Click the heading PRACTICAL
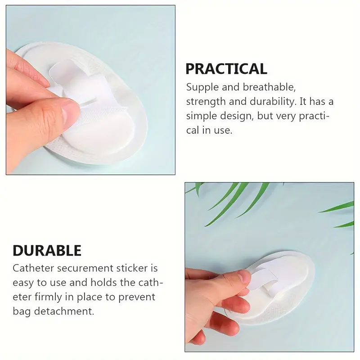(x=226, y=69)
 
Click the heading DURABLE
(x=47, y=250)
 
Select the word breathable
(x=269, y=87)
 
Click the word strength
(x=206, y=102)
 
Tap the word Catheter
(x=33, y=268)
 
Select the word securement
(x=85, y=268)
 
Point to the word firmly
(x=49, y=297)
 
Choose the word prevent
(x=137, y=297)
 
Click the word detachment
(x=64, y=311)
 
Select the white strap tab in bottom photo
(x=264, y=279)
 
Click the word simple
(x=201, y=116)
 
